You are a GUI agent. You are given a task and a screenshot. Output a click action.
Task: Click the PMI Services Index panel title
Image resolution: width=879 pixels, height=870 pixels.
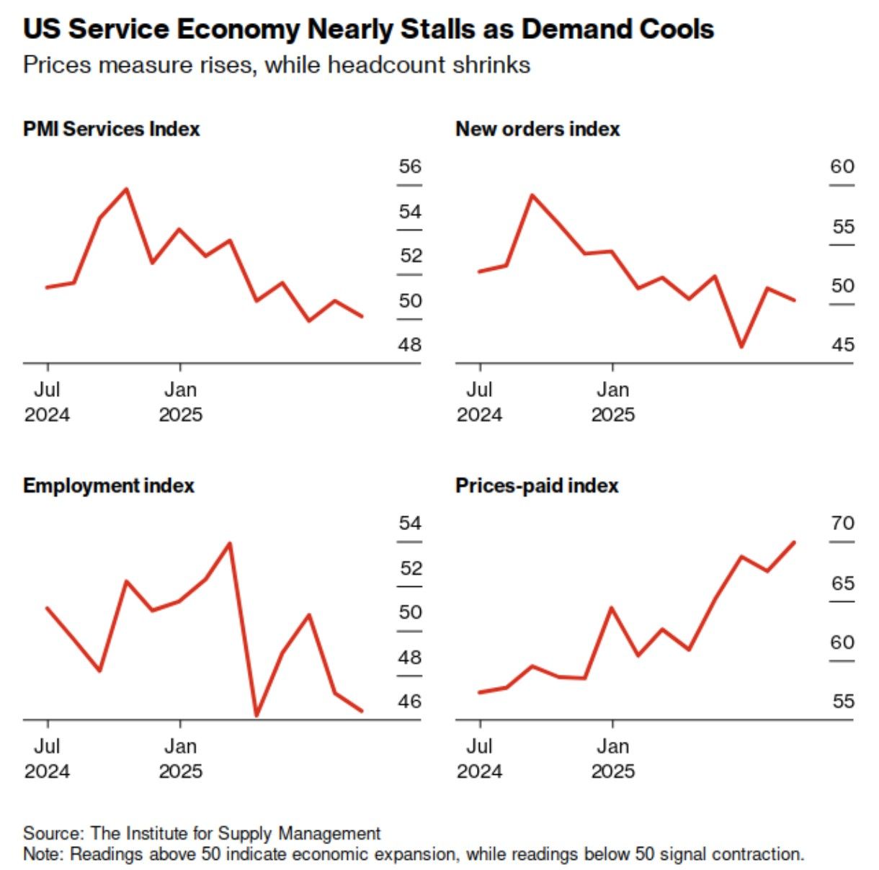click(111, 129)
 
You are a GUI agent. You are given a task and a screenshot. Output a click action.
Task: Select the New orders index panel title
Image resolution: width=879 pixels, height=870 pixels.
click(537, 129)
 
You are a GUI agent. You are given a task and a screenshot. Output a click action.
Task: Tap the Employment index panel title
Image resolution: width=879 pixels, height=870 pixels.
click(108, 485)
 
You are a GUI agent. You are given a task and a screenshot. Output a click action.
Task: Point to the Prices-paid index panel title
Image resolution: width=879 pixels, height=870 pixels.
click(537, 485)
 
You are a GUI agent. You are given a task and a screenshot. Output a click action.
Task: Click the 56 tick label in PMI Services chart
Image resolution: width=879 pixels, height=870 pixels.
click(410, 166)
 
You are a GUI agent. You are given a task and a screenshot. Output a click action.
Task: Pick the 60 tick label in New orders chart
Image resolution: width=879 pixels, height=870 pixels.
click(842, 166)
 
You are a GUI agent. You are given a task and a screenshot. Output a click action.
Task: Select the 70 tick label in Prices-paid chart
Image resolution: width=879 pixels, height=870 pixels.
click(842, 523)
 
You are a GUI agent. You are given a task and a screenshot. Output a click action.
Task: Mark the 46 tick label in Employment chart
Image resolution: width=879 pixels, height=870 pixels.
click(410, 701)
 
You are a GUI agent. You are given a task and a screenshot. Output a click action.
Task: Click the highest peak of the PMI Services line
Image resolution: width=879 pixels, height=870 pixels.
click(127, 189)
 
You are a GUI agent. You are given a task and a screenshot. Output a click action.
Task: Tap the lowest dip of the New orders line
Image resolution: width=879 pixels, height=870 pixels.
click(741, 346)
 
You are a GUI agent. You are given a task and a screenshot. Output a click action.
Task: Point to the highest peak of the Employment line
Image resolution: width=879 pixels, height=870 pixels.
click(230, 543)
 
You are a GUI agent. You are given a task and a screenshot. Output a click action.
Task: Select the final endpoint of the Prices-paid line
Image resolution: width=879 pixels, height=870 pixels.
click(794, 542)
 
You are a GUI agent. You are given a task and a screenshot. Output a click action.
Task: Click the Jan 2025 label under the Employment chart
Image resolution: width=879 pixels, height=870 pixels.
click(180, 758)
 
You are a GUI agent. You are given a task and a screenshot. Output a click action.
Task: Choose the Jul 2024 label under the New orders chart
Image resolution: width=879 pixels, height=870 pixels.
click(479, 401)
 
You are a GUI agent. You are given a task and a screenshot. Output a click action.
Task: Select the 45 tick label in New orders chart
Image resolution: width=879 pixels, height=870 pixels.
click(842, 344)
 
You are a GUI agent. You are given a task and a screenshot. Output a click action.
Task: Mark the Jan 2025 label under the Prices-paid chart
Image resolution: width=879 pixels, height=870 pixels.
click(612, 758)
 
